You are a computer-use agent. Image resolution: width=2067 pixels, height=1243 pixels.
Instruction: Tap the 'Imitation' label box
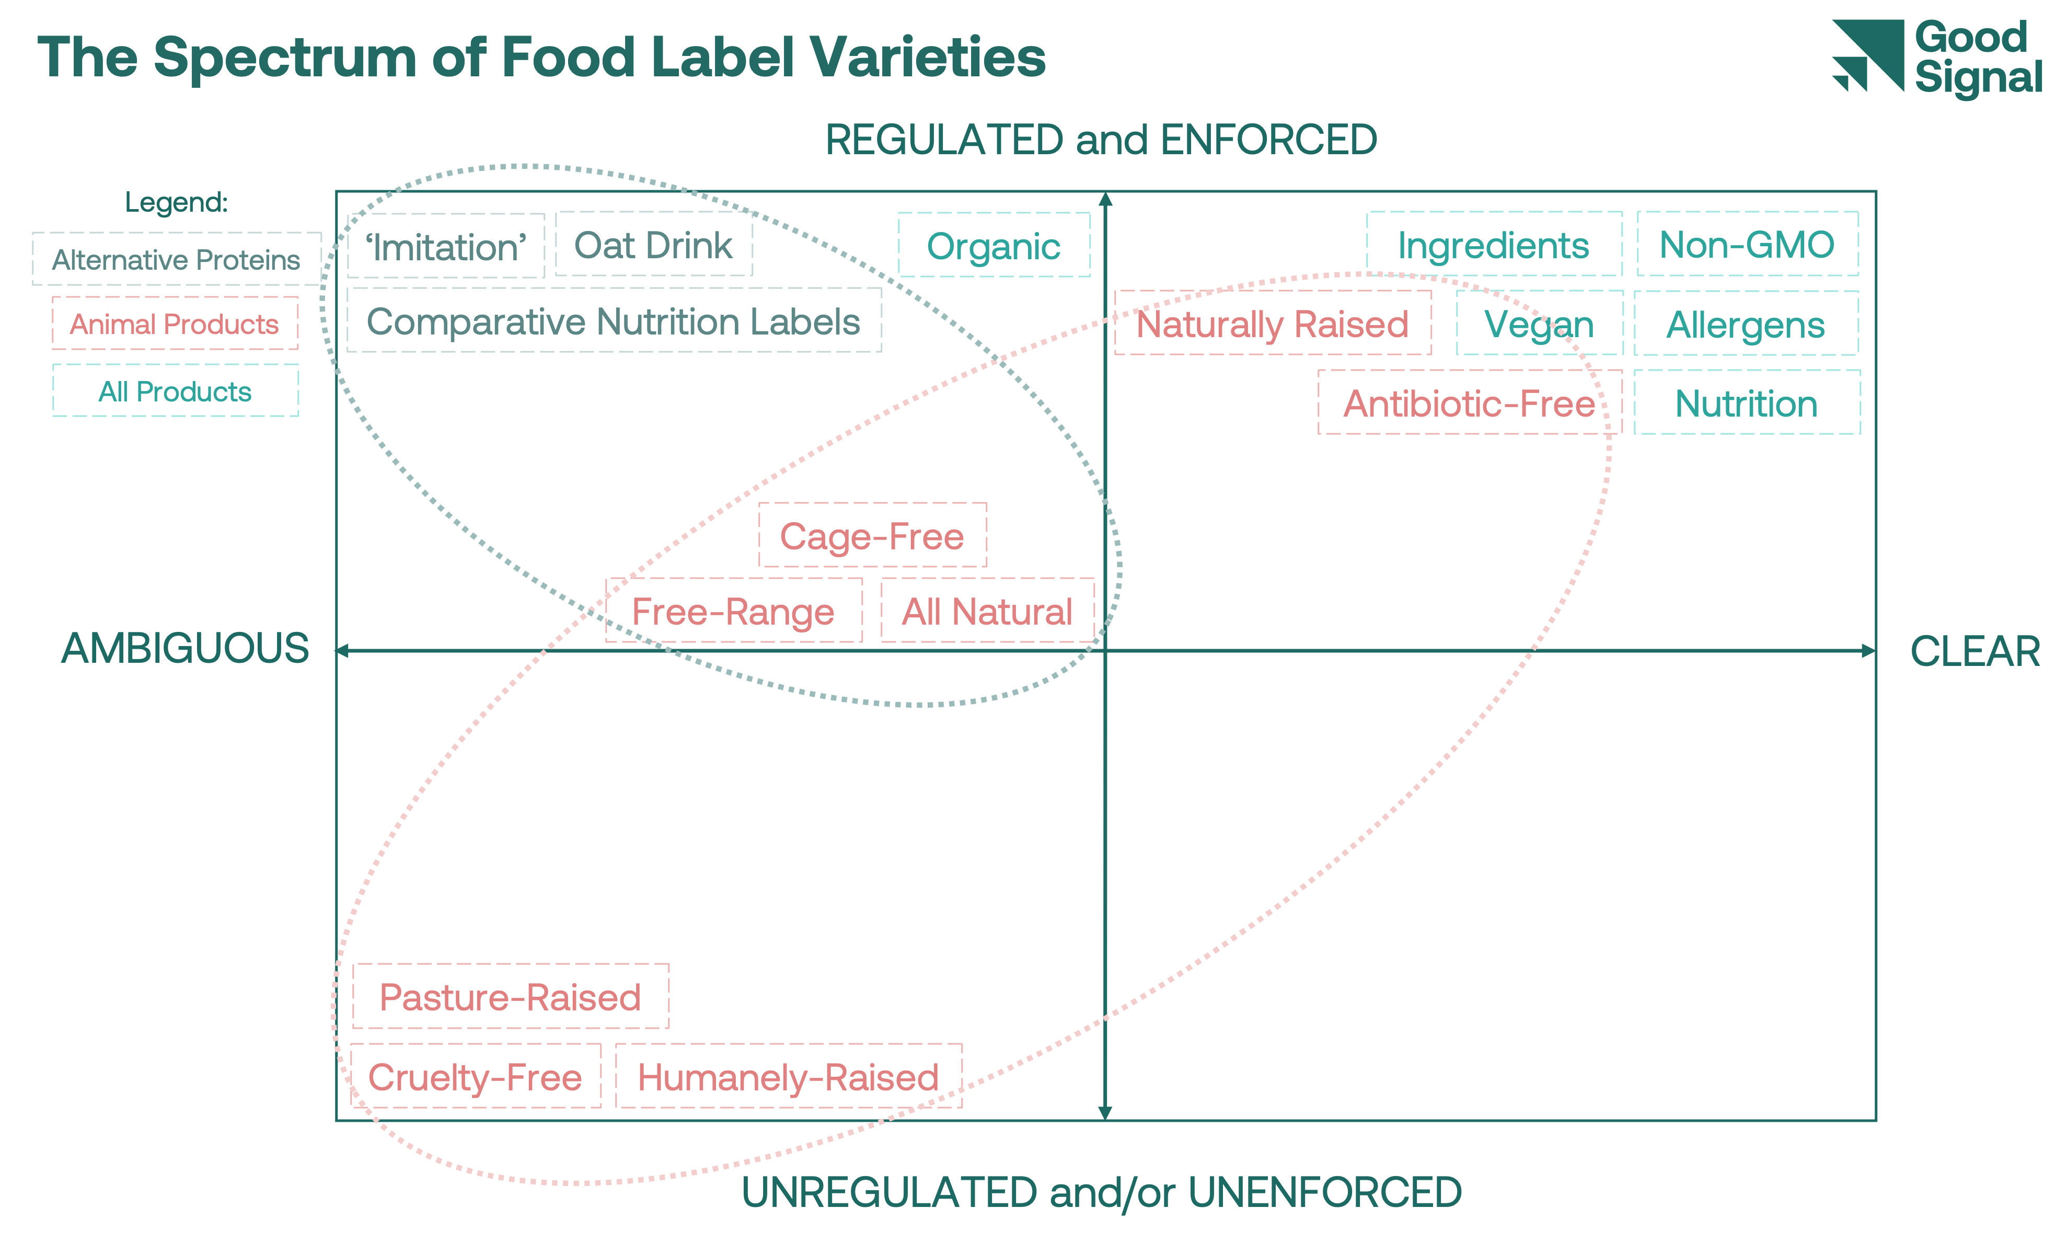click(x=446, y=246)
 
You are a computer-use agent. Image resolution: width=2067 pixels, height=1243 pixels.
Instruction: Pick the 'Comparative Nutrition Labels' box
click(x=614, y=321)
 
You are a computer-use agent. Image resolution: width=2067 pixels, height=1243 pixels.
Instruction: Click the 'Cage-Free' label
click(x=873, y=536)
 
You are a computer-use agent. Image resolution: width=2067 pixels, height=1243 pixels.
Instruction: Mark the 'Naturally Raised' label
click(x=1272, y=324)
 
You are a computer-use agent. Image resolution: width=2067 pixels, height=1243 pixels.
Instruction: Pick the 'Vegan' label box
click(x=1539, y=324)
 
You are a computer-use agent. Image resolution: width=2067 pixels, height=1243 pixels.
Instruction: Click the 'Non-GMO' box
click(x=1747, y=245)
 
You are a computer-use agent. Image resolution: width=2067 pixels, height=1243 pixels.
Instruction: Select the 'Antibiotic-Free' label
click(x=1469, y=404)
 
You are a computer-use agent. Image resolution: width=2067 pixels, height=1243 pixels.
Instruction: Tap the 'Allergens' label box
click(x=1746, y=324)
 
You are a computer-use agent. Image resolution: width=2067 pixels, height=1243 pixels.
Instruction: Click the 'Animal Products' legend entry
click(x=174, y=324)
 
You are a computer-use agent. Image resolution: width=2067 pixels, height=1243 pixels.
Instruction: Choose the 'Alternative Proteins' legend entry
click(x=176, y=260)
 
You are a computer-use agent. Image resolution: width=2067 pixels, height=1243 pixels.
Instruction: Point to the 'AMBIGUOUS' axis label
click(x=185, y=649)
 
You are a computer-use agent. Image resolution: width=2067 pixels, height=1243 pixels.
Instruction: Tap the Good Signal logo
click(x=1937, y=57)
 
